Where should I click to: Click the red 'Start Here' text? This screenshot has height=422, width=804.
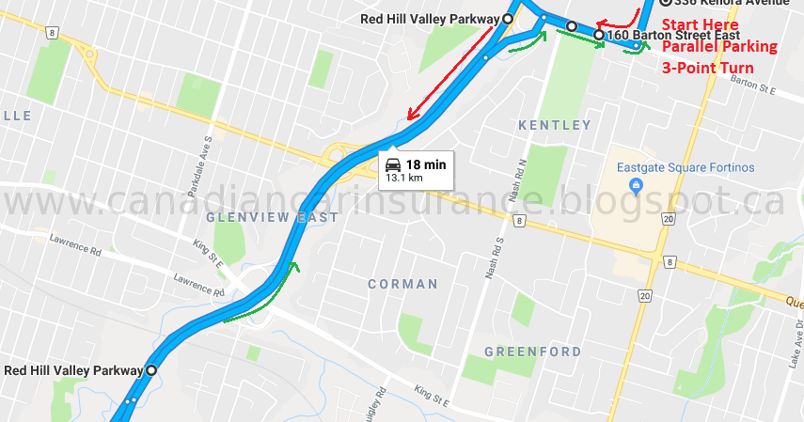pyautogui.click(x=701, y=24)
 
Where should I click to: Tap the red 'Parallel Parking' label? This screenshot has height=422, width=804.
pyautogui.click(x=720, y=46)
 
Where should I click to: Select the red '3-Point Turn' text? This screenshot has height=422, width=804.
pyautogui.click(x=708, y=68)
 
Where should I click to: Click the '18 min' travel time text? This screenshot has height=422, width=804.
pyautogui.click(x=425, y=164)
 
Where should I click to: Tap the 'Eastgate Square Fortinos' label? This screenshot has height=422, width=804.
pyautogui.click(x=686, y=167)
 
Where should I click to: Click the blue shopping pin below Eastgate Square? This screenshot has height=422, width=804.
pyautogui.click(x=636, y=184)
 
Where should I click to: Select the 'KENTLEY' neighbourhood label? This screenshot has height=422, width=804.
pyautogui.click(x=555, y=125)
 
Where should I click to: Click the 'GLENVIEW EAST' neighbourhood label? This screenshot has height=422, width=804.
pyautogui.click(x=272, y=217)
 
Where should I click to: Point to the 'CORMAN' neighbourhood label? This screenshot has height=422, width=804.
pyautogui.click(x=402, y=284)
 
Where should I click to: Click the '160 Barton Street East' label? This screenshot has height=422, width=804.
pyautogui.click(x=667, y=36)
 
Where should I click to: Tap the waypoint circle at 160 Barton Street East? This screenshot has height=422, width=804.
pyautogui.click(x=599, y=36)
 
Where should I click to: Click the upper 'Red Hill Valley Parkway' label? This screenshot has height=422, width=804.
pyautogui.click(x=429, y=19)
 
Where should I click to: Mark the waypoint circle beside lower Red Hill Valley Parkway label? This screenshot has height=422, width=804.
pyautogui.click(x=150, y=370)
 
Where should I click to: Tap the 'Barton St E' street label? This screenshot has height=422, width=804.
pyautogui.click(x=752, y=90)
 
